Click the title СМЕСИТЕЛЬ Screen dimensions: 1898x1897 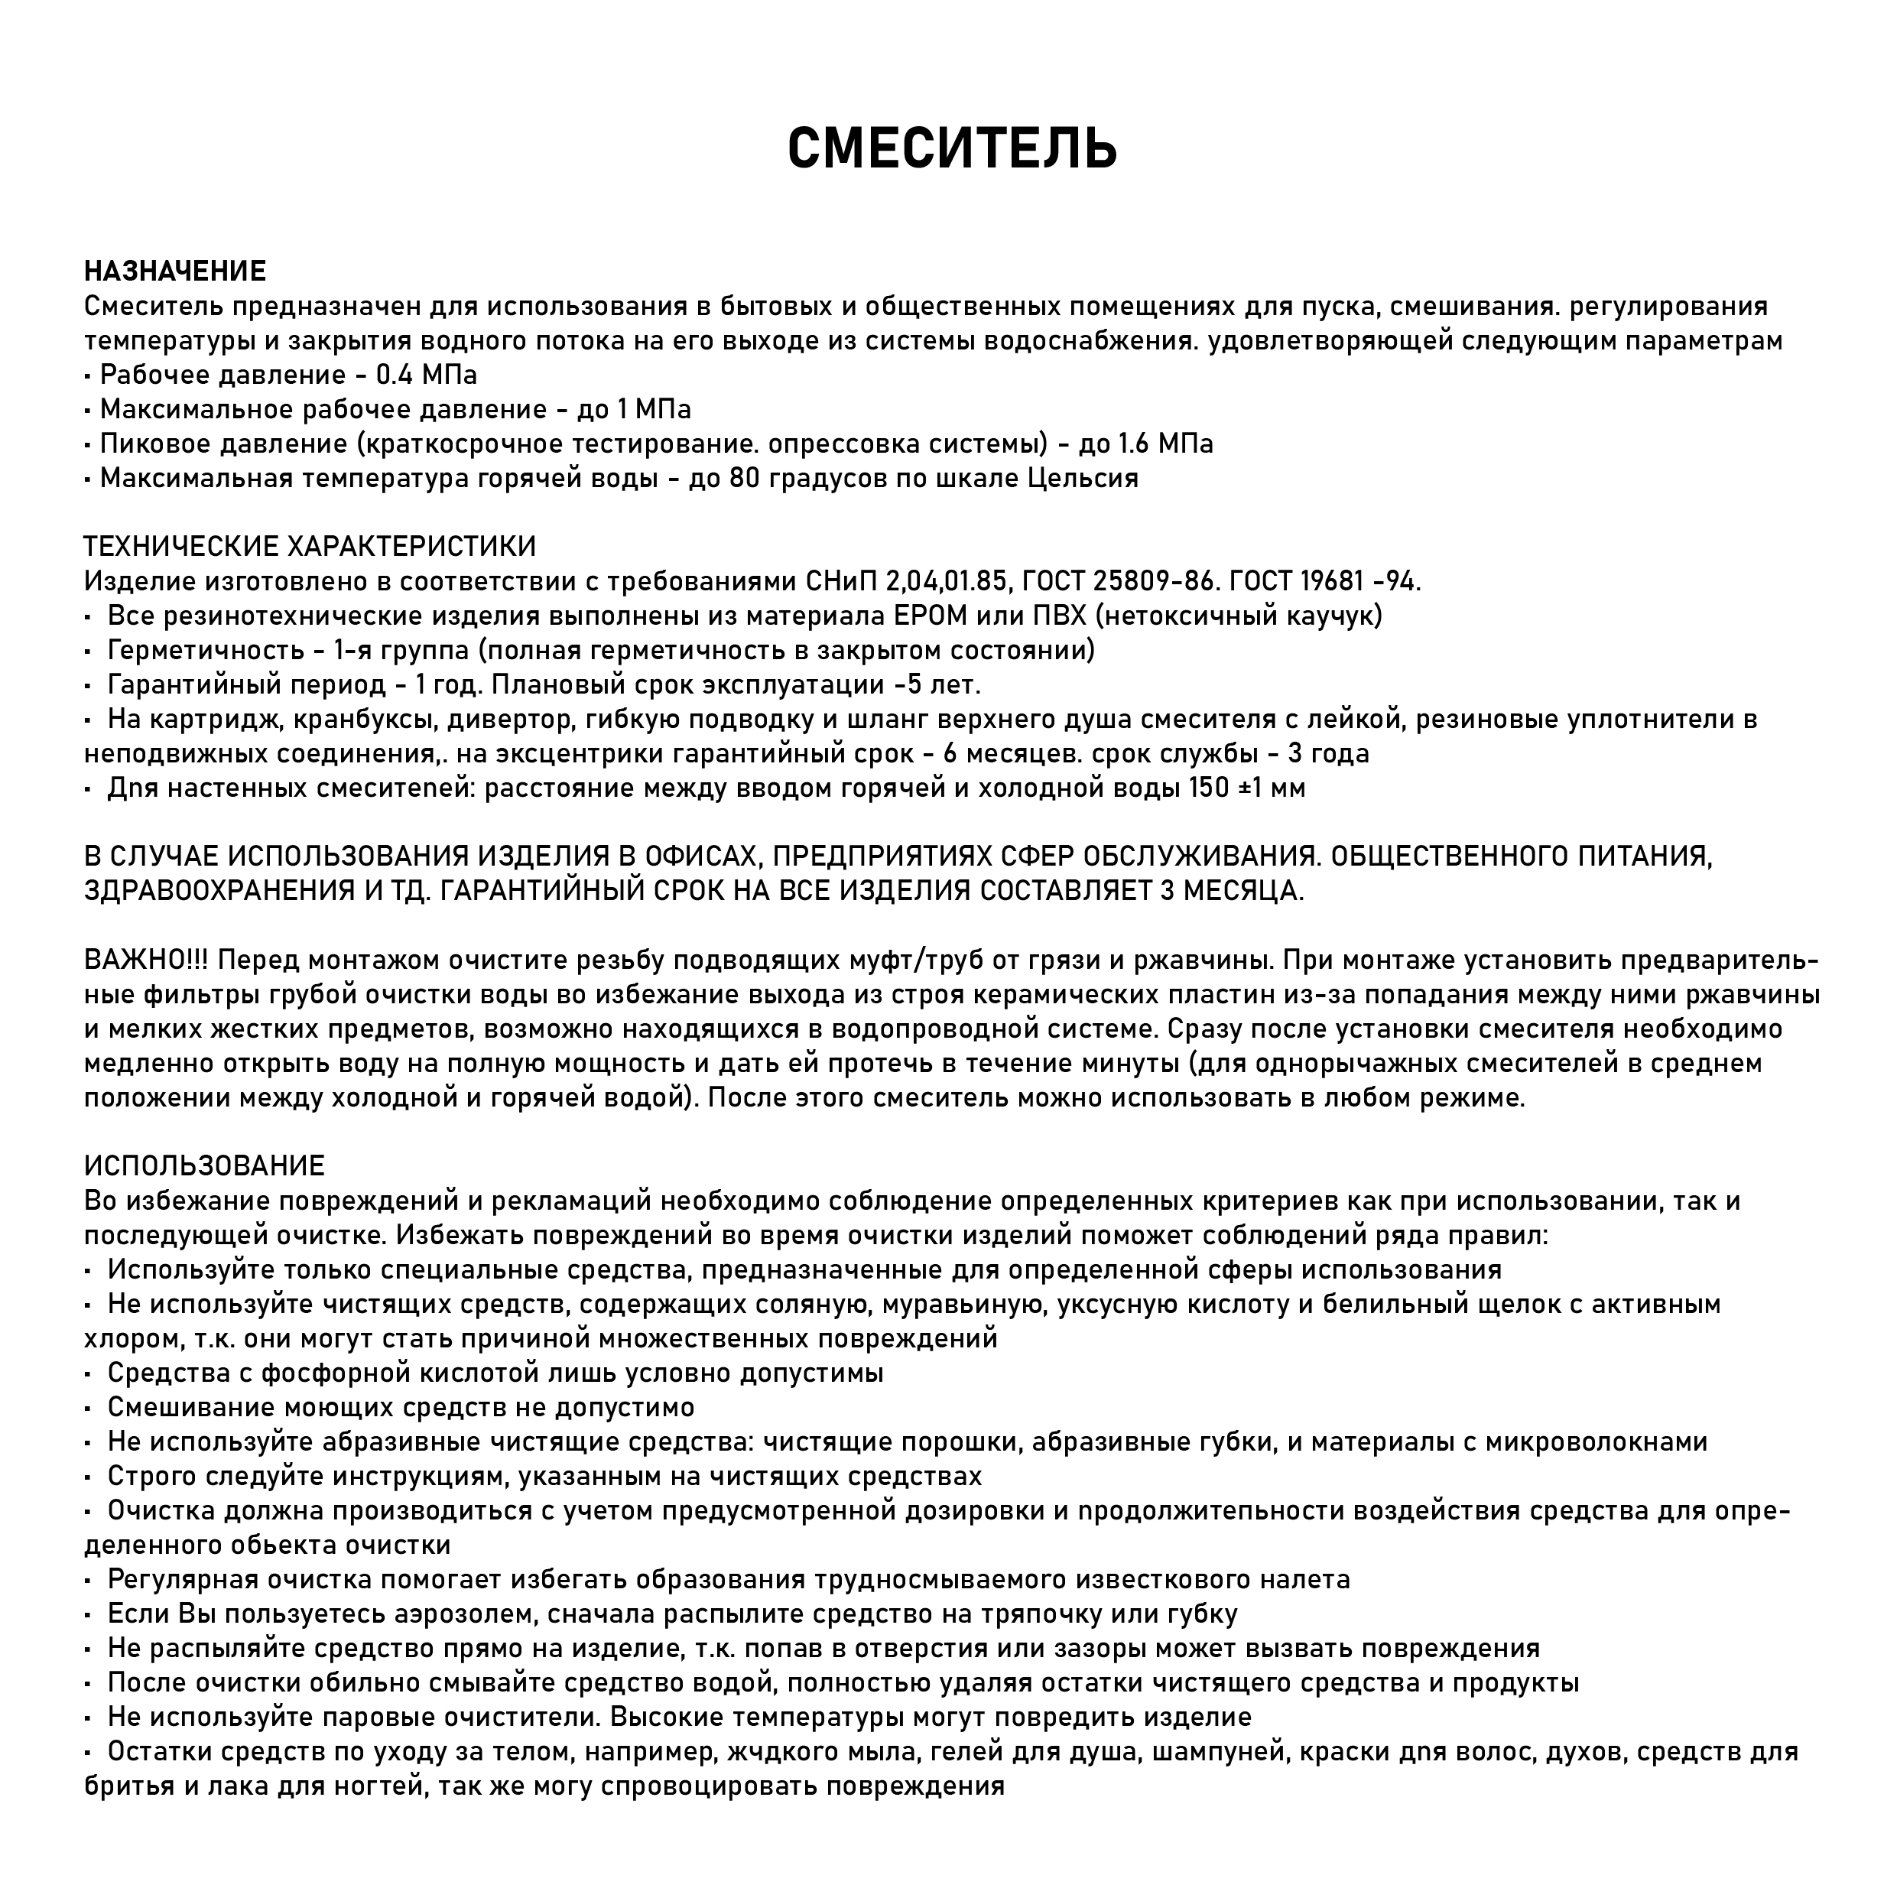[952, 149]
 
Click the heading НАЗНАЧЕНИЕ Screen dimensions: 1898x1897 [175, 271]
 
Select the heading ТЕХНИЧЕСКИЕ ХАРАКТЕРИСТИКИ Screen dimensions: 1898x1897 [310, 546]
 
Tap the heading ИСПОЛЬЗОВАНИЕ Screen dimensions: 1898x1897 [204, 1166]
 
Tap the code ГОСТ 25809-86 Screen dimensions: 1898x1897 [1121, 582]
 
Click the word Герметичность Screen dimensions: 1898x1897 [206, 650]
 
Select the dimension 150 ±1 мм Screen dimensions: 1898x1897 [1246, 788]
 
